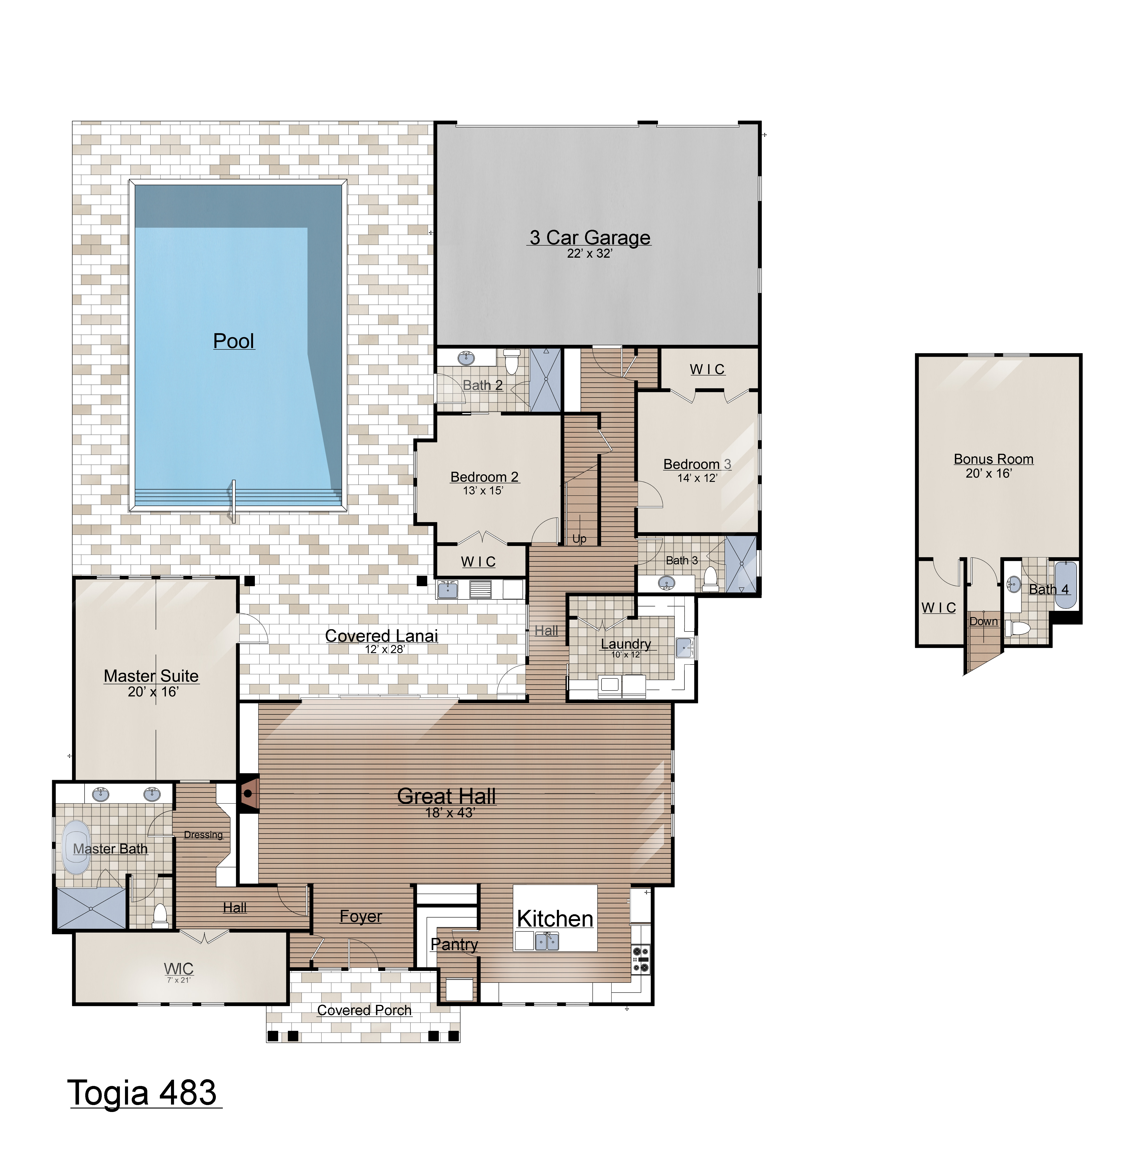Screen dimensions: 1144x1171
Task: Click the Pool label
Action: (234, 341)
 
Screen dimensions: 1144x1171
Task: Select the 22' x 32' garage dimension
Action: (589, 253)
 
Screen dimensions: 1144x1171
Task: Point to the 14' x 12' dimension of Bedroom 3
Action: (697, 478)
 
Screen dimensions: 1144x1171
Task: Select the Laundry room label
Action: (625, 644)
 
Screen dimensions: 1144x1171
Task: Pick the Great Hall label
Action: (446, 796)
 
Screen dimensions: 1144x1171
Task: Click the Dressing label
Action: (203, 835)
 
